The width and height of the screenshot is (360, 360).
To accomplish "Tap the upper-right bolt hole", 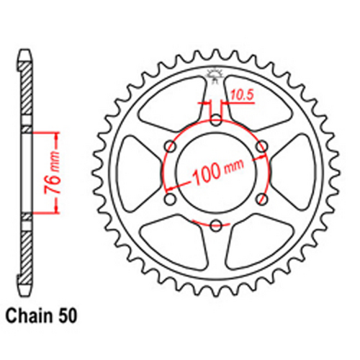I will click(x=262, y=146).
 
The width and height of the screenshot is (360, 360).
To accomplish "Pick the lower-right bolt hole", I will click(x=262, y=199).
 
